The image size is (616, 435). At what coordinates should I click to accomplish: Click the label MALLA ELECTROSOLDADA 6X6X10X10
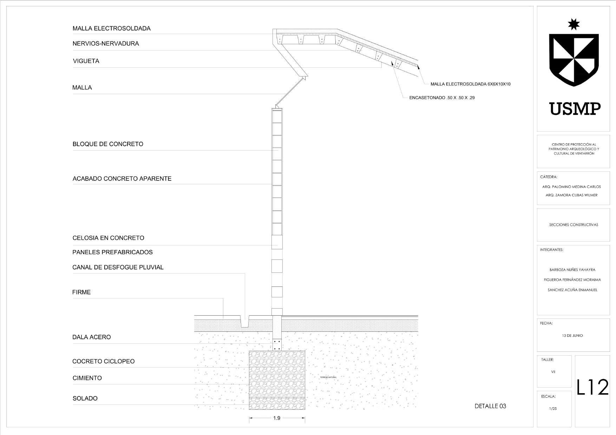point(470,84)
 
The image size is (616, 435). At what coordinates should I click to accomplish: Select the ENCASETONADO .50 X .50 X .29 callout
point(442,98)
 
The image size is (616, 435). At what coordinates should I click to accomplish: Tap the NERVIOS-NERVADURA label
point(106,44)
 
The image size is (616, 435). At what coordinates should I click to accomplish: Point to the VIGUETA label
point(86,61)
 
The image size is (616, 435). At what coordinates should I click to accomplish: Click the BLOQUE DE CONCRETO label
point(108,144)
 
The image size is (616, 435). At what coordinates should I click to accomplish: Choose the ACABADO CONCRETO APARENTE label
point(122,179)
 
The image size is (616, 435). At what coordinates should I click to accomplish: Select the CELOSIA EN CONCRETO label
point(108,238)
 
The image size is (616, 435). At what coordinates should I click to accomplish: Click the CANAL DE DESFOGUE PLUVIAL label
point(118,268)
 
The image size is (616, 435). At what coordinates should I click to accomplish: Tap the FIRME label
point(81,292)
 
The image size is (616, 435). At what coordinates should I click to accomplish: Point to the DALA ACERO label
point(92,337)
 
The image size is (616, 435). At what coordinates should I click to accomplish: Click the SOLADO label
point(85,398)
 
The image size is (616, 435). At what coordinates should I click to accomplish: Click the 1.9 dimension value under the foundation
point(277,418)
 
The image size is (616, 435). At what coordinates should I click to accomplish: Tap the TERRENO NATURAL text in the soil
point(328,377)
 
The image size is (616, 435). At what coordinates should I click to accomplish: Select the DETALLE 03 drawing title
point(490,406)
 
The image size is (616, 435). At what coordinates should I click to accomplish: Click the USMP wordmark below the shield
point(575,109)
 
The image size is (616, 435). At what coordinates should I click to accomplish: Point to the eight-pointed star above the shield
point(574,24)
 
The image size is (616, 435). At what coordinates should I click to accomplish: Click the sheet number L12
point(592,388)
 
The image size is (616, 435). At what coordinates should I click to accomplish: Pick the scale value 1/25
point(553,409)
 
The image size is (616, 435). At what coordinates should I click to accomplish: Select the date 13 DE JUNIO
point(572,336)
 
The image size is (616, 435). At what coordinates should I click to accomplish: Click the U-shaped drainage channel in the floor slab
point(244,322)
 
